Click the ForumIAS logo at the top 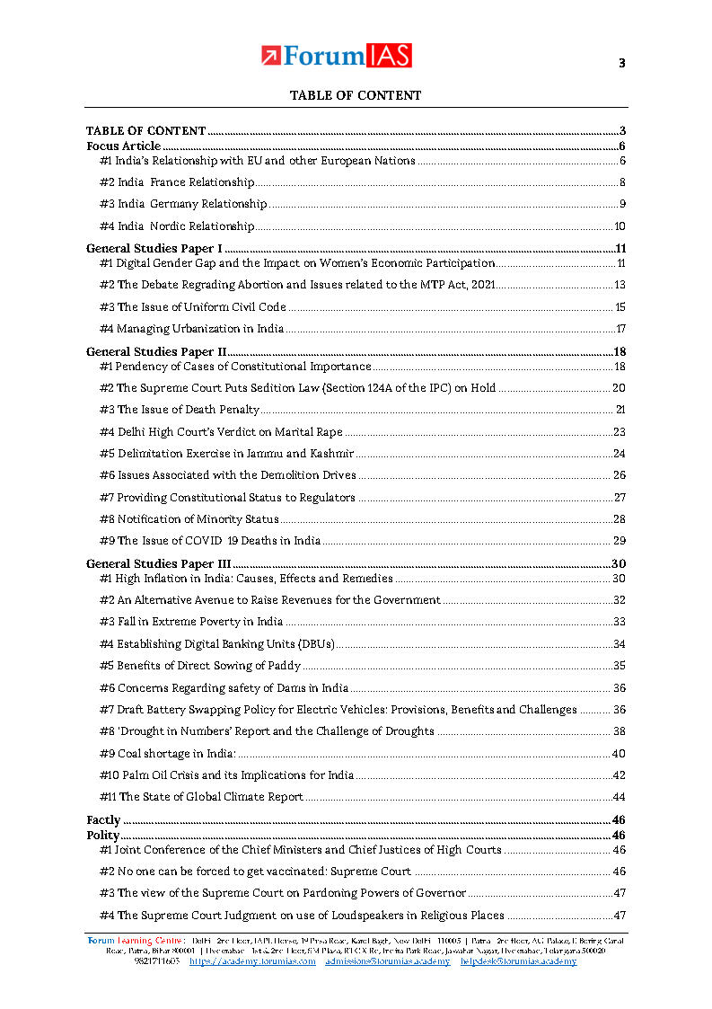(337, 56)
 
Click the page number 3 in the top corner (621, 63)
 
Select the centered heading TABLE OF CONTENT (355, 95)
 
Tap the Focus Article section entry (124, 146)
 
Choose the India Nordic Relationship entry (177, 226)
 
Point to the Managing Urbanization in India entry (191, 329)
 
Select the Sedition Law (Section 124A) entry (297, 388)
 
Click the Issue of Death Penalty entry (180, 410)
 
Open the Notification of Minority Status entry (189, 519)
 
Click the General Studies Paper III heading (159, 563)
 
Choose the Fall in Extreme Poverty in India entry (191, 622)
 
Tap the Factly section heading (103, 819)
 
